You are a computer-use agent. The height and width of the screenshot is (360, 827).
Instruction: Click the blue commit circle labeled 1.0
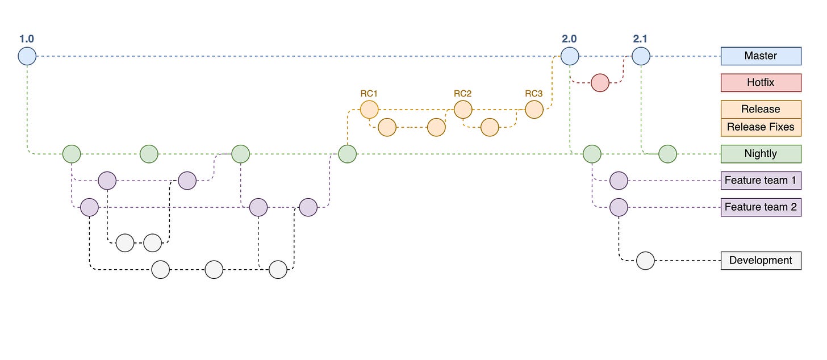coord(27,56)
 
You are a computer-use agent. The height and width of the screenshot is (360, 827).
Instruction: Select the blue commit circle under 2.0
coord(570,56)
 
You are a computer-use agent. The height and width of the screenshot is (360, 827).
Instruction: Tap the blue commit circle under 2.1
coord(641,56)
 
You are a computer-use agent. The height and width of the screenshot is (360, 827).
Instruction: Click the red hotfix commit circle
coord(600,82)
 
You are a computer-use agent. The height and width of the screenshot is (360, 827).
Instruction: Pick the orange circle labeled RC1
coord(369,109)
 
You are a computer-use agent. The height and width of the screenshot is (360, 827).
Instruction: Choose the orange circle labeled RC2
coord(462,109)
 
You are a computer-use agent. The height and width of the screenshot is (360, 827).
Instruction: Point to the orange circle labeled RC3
coord(534,109)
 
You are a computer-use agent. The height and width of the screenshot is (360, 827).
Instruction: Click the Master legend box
coord(761,56)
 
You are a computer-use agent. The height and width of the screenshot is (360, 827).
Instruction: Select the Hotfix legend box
coord(761,82)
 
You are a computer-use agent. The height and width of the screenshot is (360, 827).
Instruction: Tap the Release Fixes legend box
coord(761,127)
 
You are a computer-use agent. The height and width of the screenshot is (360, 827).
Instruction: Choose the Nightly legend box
coord(761,153)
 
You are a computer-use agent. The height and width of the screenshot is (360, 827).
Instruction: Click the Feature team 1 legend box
coord(761,181)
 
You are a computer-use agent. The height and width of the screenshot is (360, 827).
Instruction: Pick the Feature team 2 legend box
coord(761,207)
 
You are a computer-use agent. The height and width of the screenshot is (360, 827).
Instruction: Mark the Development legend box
coord(761,261)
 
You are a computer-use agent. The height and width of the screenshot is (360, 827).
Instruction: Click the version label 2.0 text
coord(569,39)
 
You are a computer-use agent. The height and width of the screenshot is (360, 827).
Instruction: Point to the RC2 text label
coord(462,93)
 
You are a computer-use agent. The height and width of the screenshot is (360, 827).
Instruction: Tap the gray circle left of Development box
coord(645,261)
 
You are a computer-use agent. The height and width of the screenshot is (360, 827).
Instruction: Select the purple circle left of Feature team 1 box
coord(619,181)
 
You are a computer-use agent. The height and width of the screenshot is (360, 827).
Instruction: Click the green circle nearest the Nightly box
coord(667,153)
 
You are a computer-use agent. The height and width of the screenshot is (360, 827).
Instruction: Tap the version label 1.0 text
coord(27,39)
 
